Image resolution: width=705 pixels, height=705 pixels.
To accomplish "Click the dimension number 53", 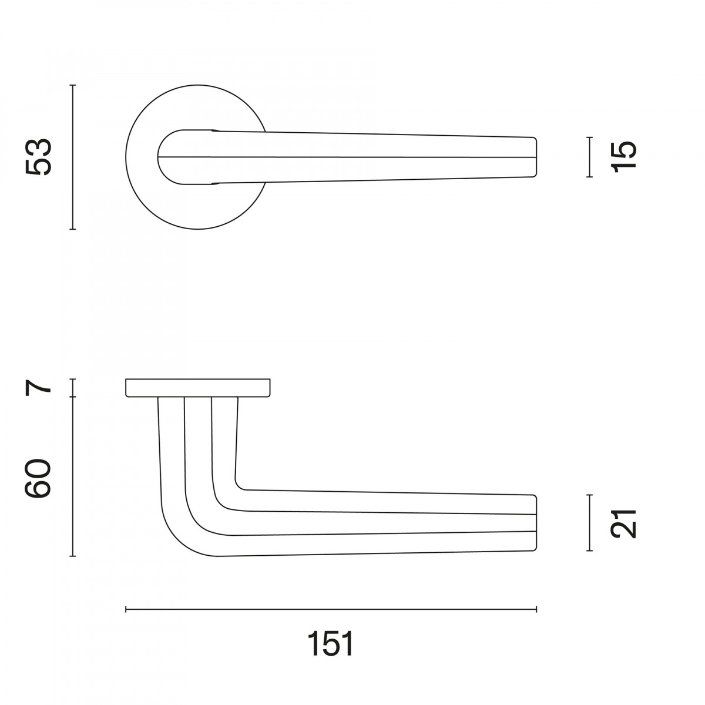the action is click(x=38, y=157).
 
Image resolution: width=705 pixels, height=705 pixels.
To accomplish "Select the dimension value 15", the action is click(x=624, y=155).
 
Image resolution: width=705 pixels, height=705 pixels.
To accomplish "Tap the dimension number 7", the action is click(x=38, y=388).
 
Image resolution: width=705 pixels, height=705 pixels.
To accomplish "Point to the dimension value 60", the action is click(x=38, y=479).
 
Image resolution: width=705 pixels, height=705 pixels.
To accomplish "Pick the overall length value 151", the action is click(x=331, y=644).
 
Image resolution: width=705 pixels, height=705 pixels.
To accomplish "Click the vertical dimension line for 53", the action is click(x=73, y=157).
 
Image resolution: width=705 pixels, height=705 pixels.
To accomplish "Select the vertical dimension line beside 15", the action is click(x=589, y=157).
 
